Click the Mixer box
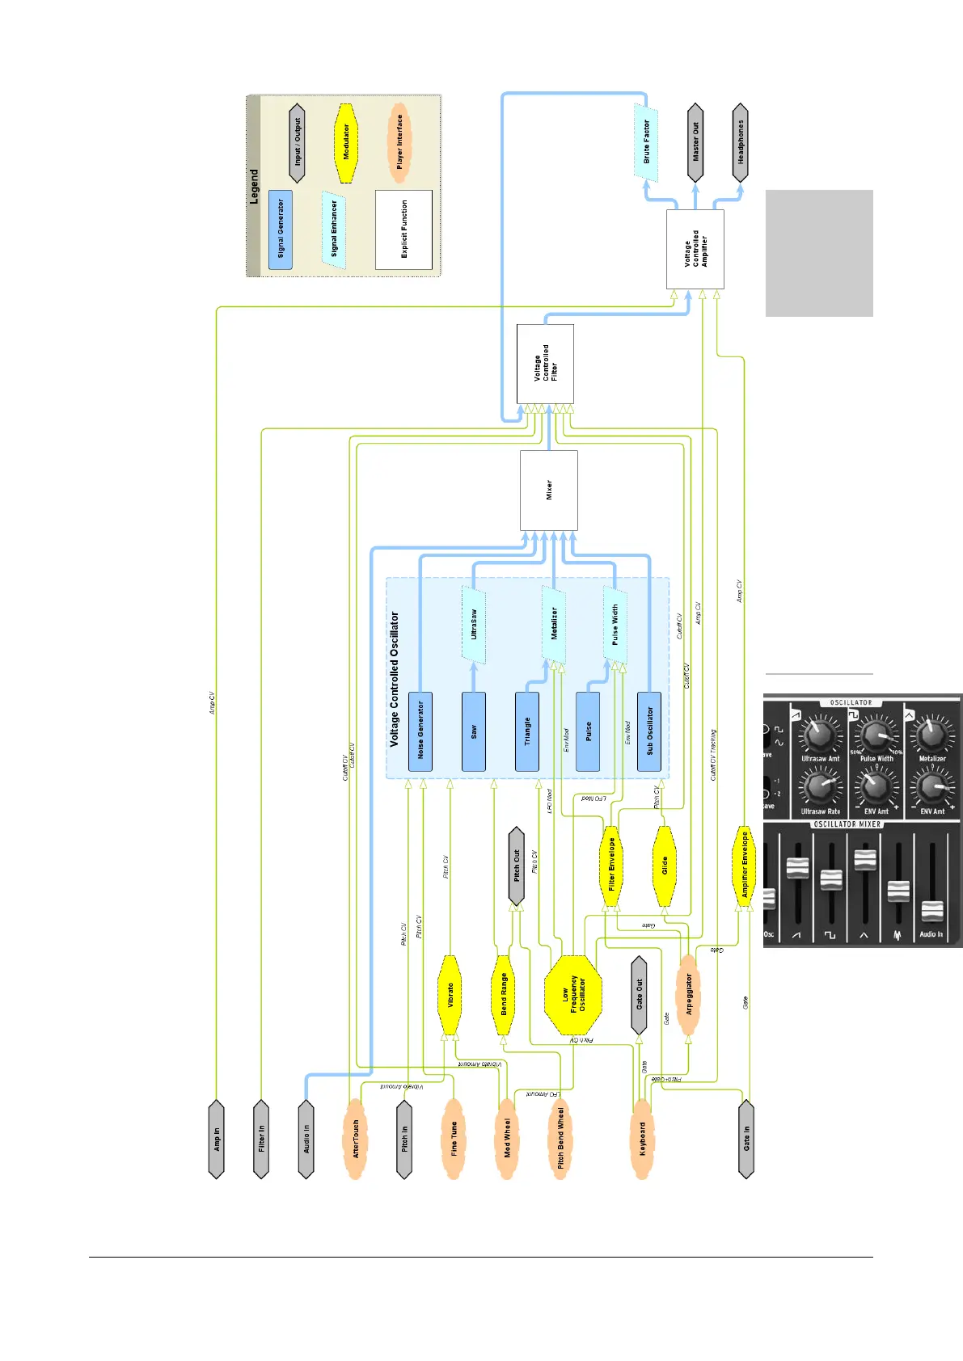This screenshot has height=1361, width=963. coord(549,490)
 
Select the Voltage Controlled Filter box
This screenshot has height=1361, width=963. coord(545,364)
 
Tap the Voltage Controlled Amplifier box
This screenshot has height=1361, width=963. coord(695,249)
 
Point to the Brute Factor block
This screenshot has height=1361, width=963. coord(645,142)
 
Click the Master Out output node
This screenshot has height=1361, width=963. coord(695,142)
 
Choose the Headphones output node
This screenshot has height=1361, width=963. coord(740,142)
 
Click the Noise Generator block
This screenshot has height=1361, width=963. coord(420,731)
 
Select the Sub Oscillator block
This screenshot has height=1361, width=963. coord(649,731)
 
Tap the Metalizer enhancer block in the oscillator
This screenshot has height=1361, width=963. coord(554,624)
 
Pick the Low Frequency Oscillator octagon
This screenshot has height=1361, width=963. coord(573,995)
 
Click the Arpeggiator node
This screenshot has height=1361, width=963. coord(688,995)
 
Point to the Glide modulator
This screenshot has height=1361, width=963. coord(664,866)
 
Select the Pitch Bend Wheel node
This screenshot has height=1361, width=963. coord(560,1139)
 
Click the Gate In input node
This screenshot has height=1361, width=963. coord(746,1139)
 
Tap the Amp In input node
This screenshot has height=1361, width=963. coord(216,1139)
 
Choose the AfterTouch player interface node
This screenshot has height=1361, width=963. coord(355,1139)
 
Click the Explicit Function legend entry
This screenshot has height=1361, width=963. coord(403,230)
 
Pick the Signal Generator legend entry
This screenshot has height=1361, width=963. coord(281,230)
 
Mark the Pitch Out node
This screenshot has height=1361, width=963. coord(517,866)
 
